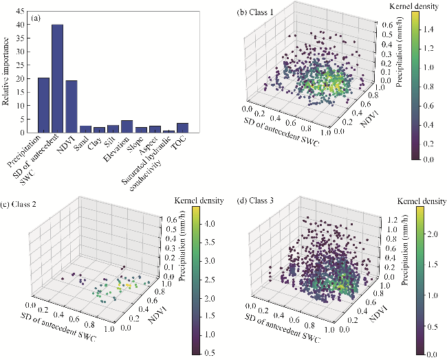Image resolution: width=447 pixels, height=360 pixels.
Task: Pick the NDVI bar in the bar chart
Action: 72,106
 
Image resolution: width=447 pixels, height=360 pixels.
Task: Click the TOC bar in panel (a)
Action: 182,128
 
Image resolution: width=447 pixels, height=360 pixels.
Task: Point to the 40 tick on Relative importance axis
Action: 25,25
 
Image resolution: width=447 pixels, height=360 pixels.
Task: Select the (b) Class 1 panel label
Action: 256,12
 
